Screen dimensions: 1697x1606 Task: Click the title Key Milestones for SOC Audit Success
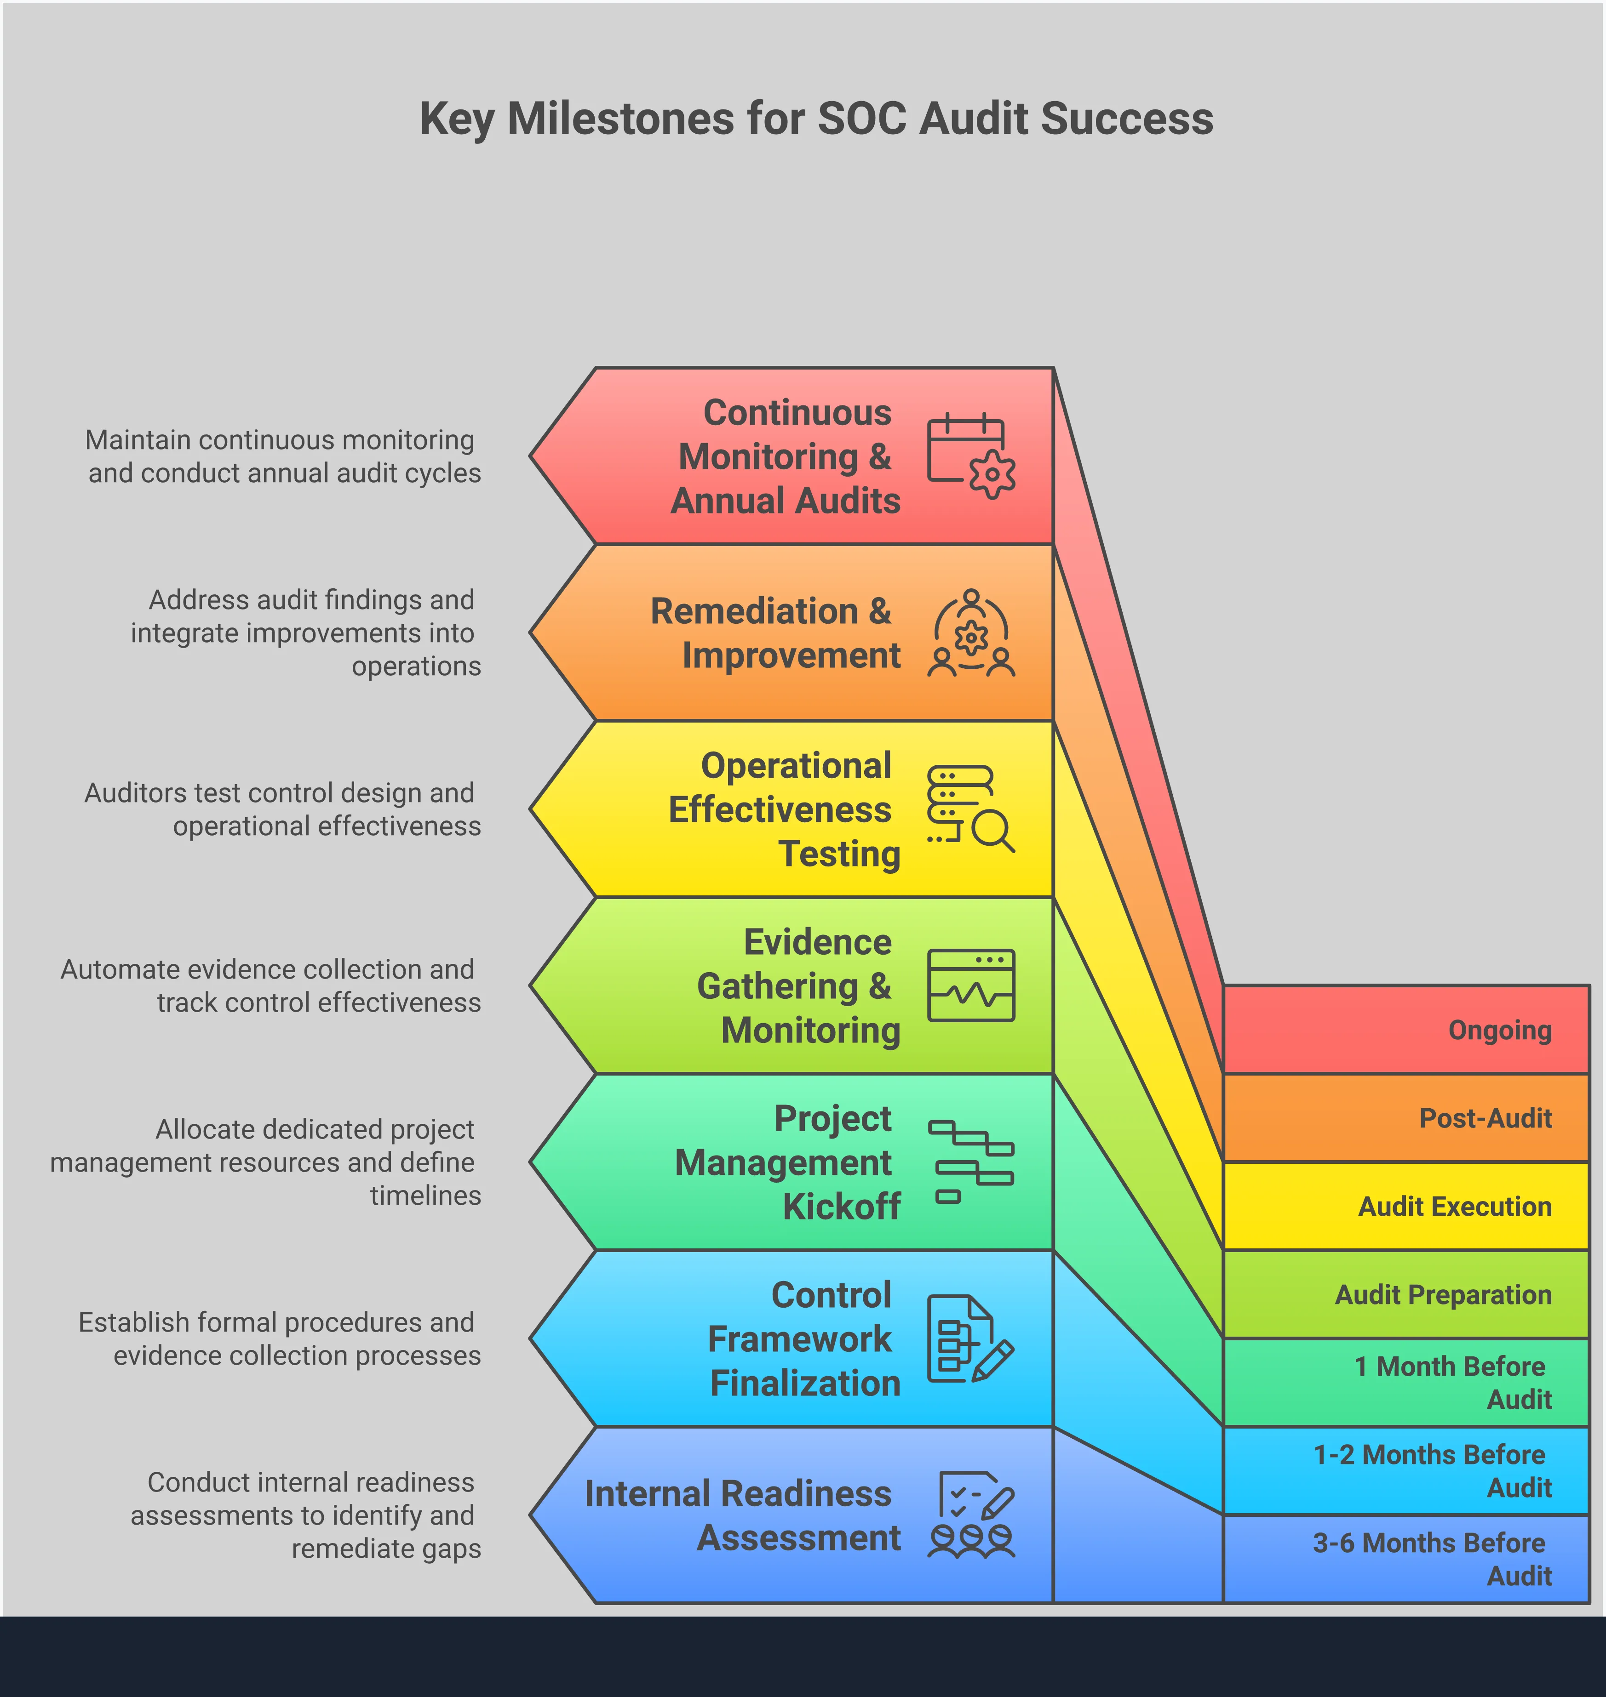coord(816,118)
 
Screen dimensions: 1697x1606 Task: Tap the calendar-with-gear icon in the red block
coord(971,455)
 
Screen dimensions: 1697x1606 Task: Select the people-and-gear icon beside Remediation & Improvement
coord(971,633)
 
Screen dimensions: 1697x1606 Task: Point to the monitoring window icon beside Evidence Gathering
coord(971,985)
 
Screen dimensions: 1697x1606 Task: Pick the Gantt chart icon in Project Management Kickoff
coord(971,1161)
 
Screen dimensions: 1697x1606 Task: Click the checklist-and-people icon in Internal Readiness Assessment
coord(971,1515)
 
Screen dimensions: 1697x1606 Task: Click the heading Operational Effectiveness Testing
coord(783,809)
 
